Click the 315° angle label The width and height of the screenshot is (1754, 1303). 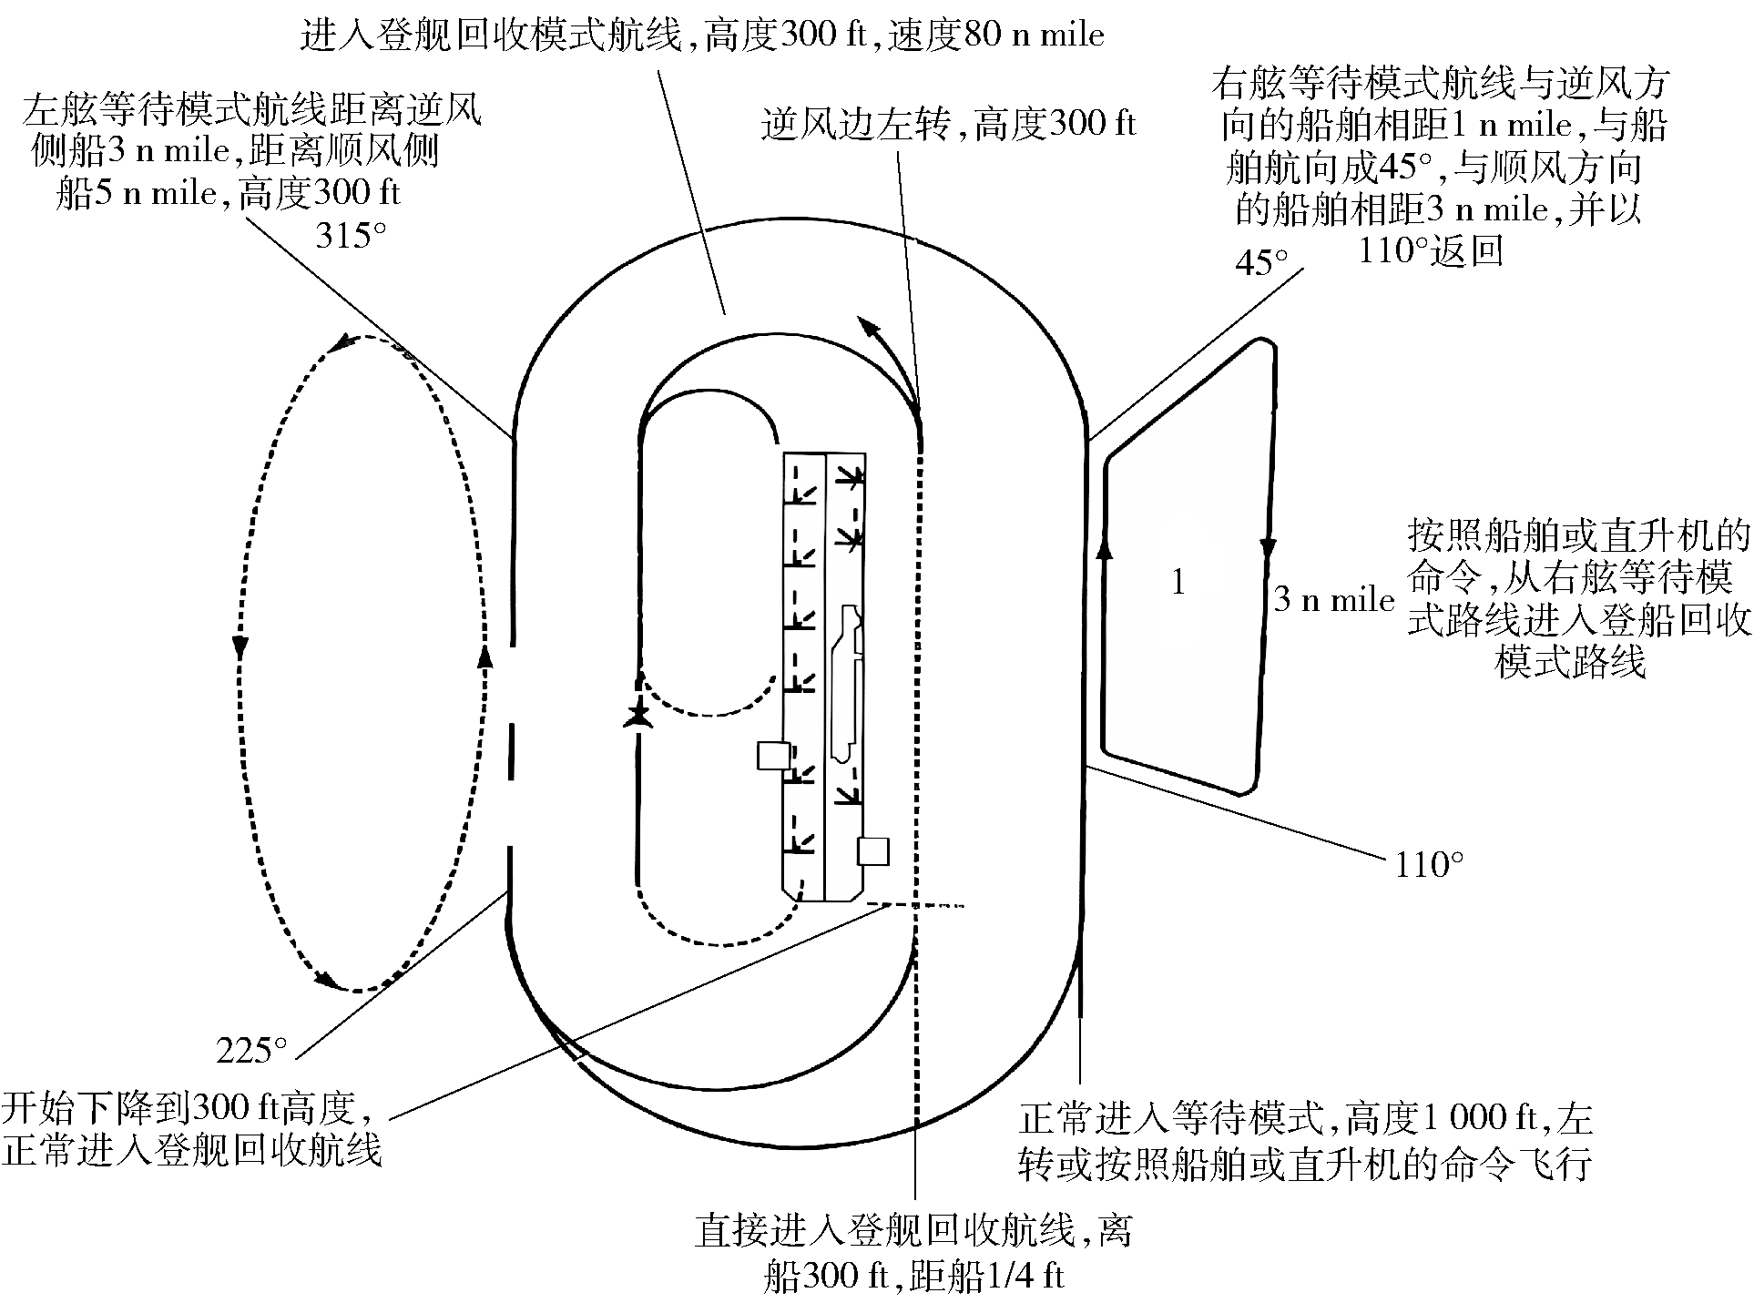352,236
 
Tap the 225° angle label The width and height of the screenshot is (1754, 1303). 252,1052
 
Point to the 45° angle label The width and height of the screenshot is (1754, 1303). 1261,263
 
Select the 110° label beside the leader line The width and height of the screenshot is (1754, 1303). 1430,864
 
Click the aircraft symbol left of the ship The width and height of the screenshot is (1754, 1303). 639,715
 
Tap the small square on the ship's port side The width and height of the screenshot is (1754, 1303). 774,757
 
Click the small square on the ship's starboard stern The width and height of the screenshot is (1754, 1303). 873,851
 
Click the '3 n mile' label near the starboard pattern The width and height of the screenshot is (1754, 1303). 1334,600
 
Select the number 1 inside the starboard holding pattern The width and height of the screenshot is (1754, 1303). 1178,583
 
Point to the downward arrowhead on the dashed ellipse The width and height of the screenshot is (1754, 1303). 240,646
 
